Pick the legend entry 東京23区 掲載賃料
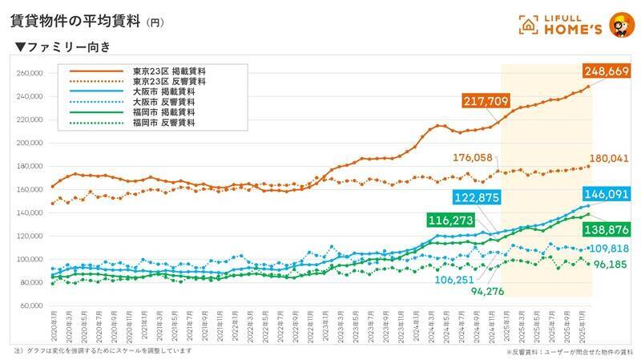tap(169, 72)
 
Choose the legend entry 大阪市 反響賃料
tap(169, 103)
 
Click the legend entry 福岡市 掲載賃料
tap(169, 113)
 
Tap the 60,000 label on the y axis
tap(30, 305)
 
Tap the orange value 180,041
tap(612, 159)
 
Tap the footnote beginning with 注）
tap(103, 351)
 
